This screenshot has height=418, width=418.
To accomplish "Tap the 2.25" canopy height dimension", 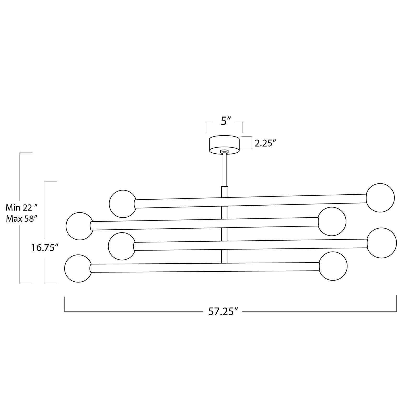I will point(265,143).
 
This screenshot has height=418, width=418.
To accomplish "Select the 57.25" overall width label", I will point(223,311).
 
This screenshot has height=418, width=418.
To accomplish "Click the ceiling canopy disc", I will point(224,143).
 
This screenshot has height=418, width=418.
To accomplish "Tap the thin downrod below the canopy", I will point(224,170).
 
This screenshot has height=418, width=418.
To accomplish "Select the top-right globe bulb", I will point(380,198).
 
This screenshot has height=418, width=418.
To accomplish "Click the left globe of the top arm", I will point(123,204).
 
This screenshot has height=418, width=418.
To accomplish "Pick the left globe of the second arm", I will point(79,226).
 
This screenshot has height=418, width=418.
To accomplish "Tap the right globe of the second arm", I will point(332,221).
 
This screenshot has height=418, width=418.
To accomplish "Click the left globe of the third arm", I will point(122,246).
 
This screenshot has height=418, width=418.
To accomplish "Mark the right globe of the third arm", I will point(382,243).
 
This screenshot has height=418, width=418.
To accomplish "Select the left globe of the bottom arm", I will point(78,269).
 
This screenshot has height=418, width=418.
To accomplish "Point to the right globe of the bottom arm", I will point(333,266).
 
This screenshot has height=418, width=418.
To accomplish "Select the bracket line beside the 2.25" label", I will point(251,143).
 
